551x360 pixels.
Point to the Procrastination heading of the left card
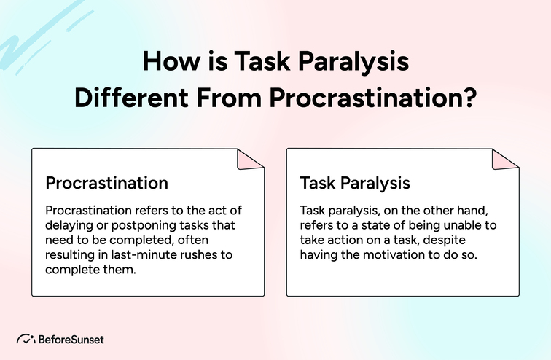(106, 182)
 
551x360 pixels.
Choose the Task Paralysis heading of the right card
(355, 182)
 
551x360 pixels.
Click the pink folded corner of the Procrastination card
(250, 161)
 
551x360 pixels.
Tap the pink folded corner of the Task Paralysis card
(505, 161)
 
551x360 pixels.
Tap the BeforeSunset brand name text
(72, 339)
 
